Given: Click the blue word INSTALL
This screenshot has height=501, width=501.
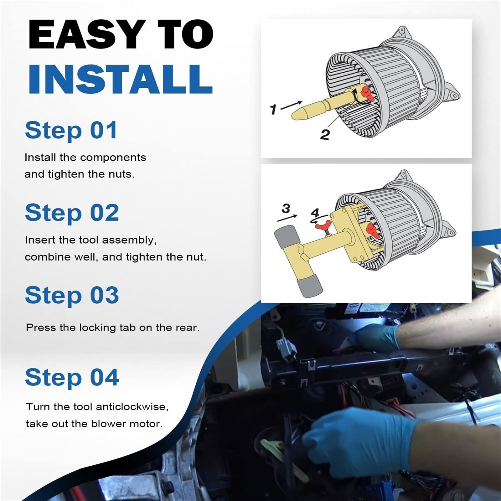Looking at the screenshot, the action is point(121,79).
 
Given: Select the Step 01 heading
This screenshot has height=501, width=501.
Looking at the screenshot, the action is point(71,130).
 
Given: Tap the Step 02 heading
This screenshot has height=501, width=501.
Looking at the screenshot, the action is point(72,213).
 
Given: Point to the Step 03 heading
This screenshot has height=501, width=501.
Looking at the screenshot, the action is point(72,295).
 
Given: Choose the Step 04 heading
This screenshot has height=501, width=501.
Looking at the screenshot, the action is point(72,377).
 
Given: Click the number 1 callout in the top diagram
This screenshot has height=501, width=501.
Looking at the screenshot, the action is point(273,110).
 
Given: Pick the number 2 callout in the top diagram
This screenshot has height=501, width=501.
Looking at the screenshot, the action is point(325,135).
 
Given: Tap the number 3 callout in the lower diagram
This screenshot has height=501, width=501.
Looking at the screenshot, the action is point(286,208).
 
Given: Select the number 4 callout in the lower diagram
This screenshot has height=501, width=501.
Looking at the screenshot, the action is point(315,213).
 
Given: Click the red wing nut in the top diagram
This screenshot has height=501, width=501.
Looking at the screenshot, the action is point(367,94).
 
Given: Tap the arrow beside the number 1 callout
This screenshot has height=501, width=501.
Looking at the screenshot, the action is point(292,105).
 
